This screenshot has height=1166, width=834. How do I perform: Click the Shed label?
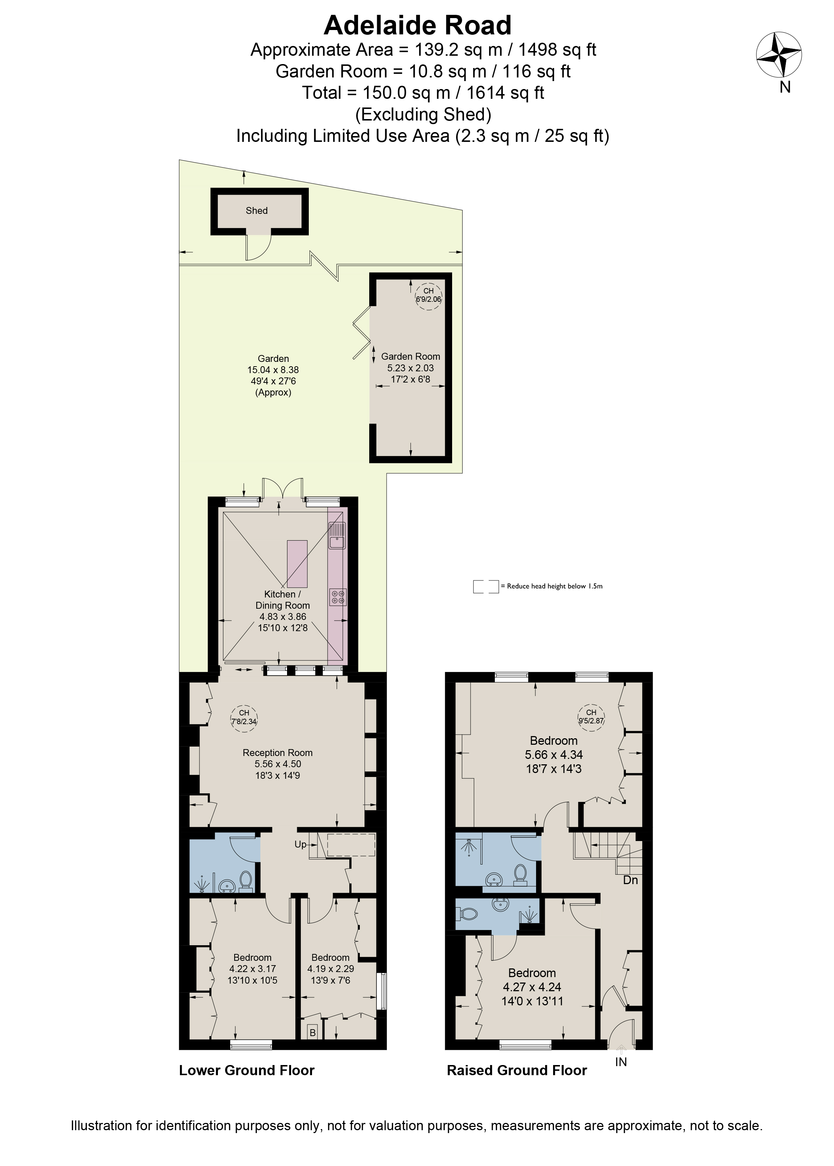point(257,211)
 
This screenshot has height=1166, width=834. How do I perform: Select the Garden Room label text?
point(410,356)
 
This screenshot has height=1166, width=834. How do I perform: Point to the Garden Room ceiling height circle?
point(428,296)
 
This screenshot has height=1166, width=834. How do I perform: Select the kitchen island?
point(297,564)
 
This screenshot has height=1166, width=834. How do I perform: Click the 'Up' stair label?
point(300,845)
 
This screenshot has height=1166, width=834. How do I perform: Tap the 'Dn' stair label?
point(630,880)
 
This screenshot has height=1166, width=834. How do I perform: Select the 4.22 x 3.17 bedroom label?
point(252,969)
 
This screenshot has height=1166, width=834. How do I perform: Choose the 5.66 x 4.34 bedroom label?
point(553,755)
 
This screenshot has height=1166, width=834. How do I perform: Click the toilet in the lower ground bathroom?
point(245,880)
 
